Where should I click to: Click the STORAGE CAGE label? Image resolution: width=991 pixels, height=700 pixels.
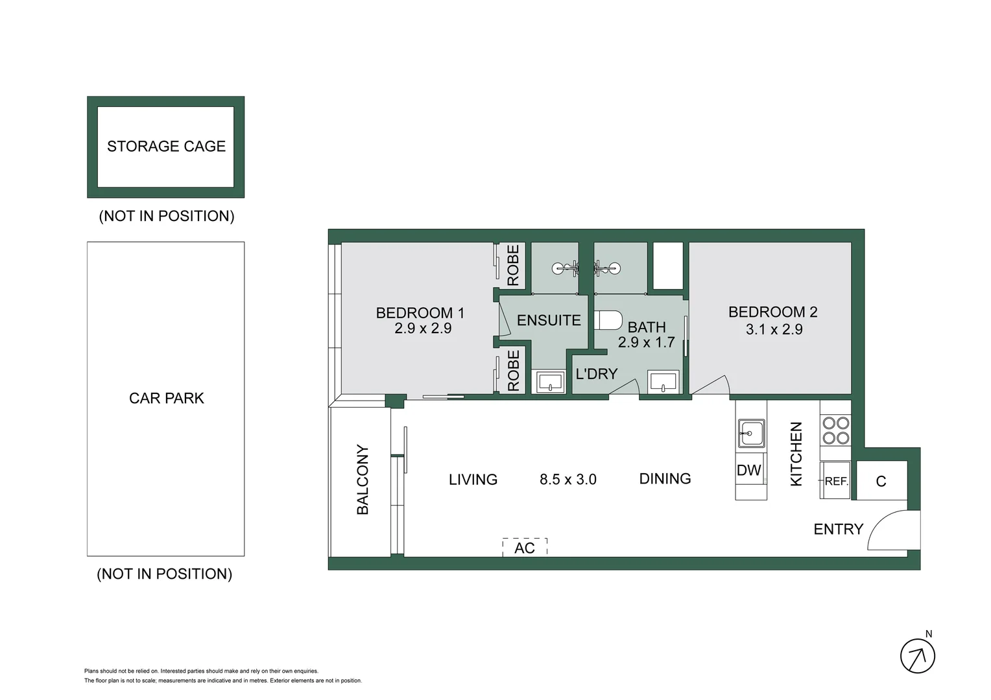coord(166,146)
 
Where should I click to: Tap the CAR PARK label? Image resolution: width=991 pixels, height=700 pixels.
coord(166,398)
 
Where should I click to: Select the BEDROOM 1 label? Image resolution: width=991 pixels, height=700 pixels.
coord(420,313)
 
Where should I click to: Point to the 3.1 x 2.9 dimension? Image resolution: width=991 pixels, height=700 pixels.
coord(774,329)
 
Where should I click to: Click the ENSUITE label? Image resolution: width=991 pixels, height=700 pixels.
coord(549,320)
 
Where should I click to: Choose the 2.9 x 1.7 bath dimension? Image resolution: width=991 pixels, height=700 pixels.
coord(647,342)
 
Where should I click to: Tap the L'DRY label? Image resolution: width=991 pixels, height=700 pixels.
coord(596,374)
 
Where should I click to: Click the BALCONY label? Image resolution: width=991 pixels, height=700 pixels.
coord(363,480)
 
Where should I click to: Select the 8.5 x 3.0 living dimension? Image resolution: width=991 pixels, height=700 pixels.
coord(568,480)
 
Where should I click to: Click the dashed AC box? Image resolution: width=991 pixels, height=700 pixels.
coord(525,548)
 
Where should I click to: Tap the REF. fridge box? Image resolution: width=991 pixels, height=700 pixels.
coord(835,481)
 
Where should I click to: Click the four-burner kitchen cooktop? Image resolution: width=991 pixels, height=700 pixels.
coord(835,430)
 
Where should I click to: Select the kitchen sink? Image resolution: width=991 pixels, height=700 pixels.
coord(751,433)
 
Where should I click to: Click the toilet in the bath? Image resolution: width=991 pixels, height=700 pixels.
coord(609,320)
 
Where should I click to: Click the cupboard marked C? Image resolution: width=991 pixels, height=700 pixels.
coord(881,481)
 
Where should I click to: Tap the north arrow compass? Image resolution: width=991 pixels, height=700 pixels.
coord(918,656)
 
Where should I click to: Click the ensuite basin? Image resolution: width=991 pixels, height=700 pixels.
coord(549,382)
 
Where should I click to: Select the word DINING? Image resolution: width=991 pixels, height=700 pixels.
coord(665,479)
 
